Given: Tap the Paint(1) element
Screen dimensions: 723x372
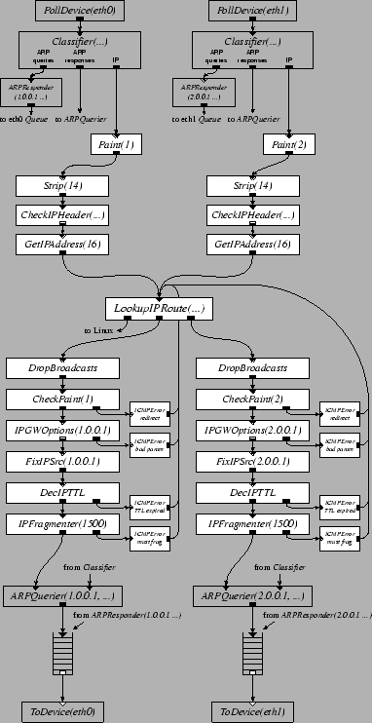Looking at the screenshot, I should pyautogui.click(x=115, y=144).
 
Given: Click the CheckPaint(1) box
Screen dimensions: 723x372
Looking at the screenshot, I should pyautogui.click(x=62, y=400).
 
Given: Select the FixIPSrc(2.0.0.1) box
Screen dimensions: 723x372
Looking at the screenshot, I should pyautogui.click(x=250, y=460).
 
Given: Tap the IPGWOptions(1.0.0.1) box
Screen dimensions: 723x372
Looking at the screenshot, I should pyautogui.click(x=62, y=430).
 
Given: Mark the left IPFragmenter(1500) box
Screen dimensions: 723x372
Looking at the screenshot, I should pyautogui.click(x=62, y=525).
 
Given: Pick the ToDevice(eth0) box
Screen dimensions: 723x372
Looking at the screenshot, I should pyautogui.click(x=62, y=711).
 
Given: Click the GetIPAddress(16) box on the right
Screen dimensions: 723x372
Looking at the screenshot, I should pyautogui.click(x=250, y=243).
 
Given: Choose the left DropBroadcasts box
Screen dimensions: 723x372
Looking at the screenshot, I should pyautogui.click(x=62, y=369).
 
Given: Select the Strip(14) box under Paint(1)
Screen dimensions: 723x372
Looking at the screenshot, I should pyautogui.click(x=62, y=184).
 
